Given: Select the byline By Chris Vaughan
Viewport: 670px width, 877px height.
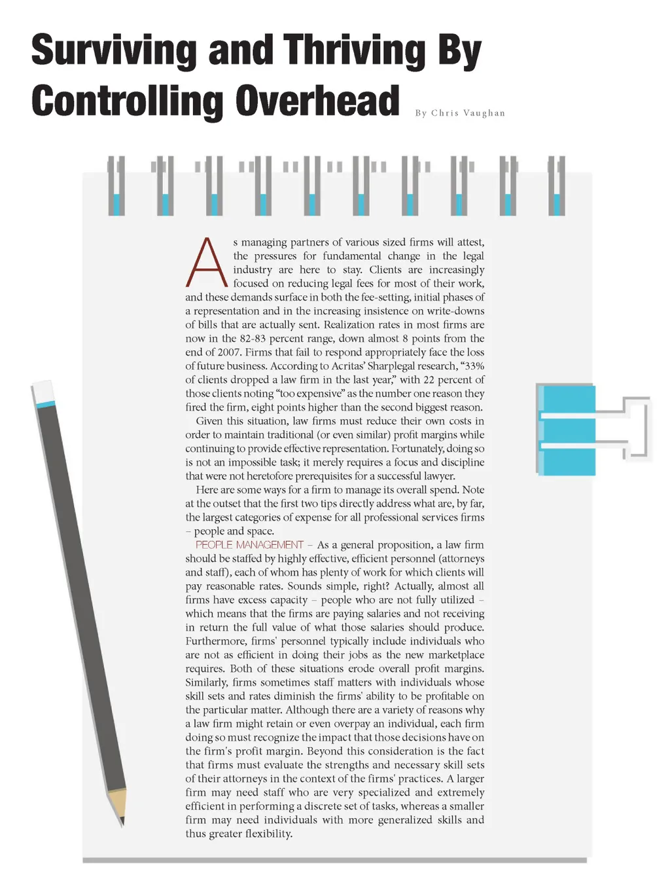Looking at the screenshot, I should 460,113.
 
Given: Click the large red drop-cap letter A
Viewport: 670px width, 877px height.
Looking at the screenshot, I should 206,263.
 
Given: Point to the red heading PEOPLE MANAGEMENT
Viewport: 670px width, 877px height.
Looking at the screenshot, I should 249,545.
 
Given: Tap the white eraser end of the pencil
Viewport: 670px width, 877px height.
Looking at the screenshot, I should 43,391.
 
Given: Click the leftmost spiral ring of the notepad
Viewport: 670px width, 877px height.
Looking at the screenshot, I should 116,186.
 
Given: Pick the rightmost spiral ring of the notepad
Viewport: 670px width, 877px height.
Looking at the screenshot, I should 556,186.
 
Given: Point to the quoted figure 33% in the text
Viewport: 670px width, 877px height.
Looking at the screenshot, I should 474,366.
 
